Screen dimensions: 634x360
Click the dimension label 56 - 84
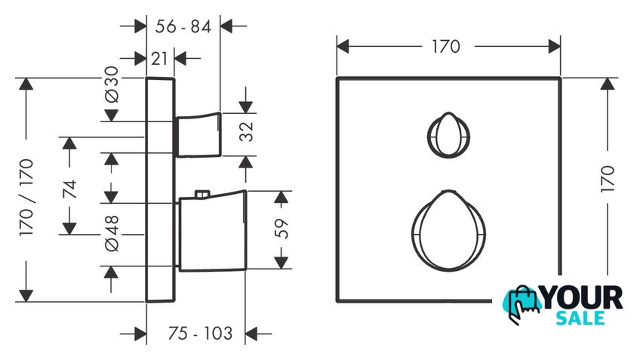[183, 26]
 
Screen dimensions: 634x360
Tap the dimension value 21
[159, 59]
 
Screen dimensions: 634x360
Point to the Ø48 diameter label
[112, 233]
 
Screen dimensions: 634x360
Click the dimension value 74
[70, 189]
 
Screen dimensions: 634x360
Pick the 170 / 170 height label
[26, 198]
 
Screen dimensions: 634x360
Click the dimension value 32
[246, 132]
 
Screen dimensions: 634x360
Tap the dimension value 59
[282, 229]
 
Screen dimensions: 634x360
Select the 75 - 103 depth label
[200, 334]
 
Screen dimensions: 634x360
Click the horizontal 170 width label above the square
[446, 47]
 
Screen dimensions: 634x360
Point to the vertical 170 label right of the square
[608, 179]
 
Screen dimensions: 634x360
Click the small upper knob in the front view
[448, 135]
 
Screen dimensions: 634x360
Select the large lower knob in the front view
[448, 230]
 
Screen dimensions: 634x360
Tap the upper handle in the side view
[198, 134]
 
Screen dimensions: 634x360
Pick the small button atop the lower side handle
[202, 194]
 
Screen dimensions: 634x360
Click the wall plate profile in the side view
[160, 189]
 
